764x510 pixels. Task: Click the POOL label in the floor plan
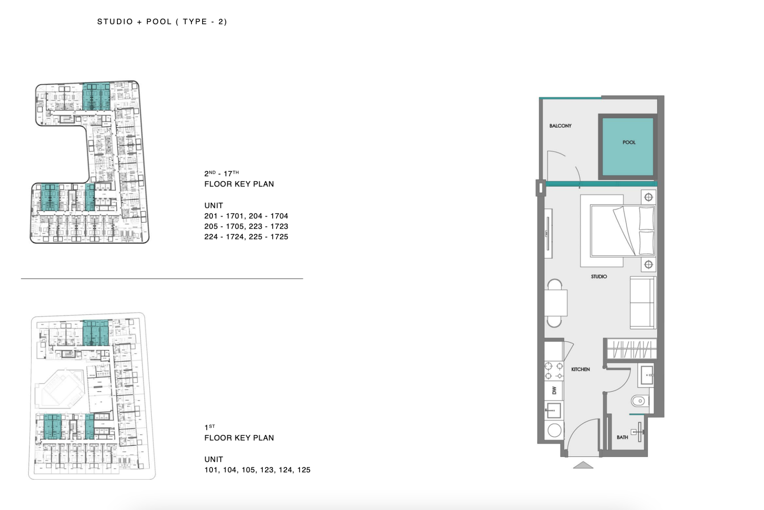click(629, 142)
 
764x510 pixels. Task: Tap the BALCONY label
click(560, 126)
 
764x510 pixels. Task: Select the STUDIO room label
click(599, 277)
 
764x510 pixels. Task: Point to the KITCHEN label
click(581, 369)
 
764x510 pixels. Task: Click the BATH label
click(622, 437)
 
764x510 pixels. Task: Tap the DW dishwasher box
click(554, 390)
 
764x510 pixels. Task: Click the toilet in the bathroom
click(640, 401)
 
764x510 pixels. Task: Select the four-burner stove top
click(554, 371)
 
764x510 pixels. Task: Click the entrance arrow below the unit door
click(583, 465)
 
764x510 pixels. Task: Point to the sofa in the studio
click(643, 303)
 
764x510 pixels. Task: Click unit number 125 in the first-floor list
click(304, 470)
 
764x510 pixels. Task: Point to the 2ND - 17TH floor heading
click(222, 173)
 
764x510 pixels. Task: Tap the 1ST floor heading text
click(210, 428)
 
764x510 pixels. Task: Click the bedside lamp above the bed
click(649, 197)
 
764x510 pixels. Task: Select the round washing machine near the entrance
click(554, 430)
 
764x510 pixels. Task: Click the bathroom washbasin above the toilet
click(646, 375)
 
